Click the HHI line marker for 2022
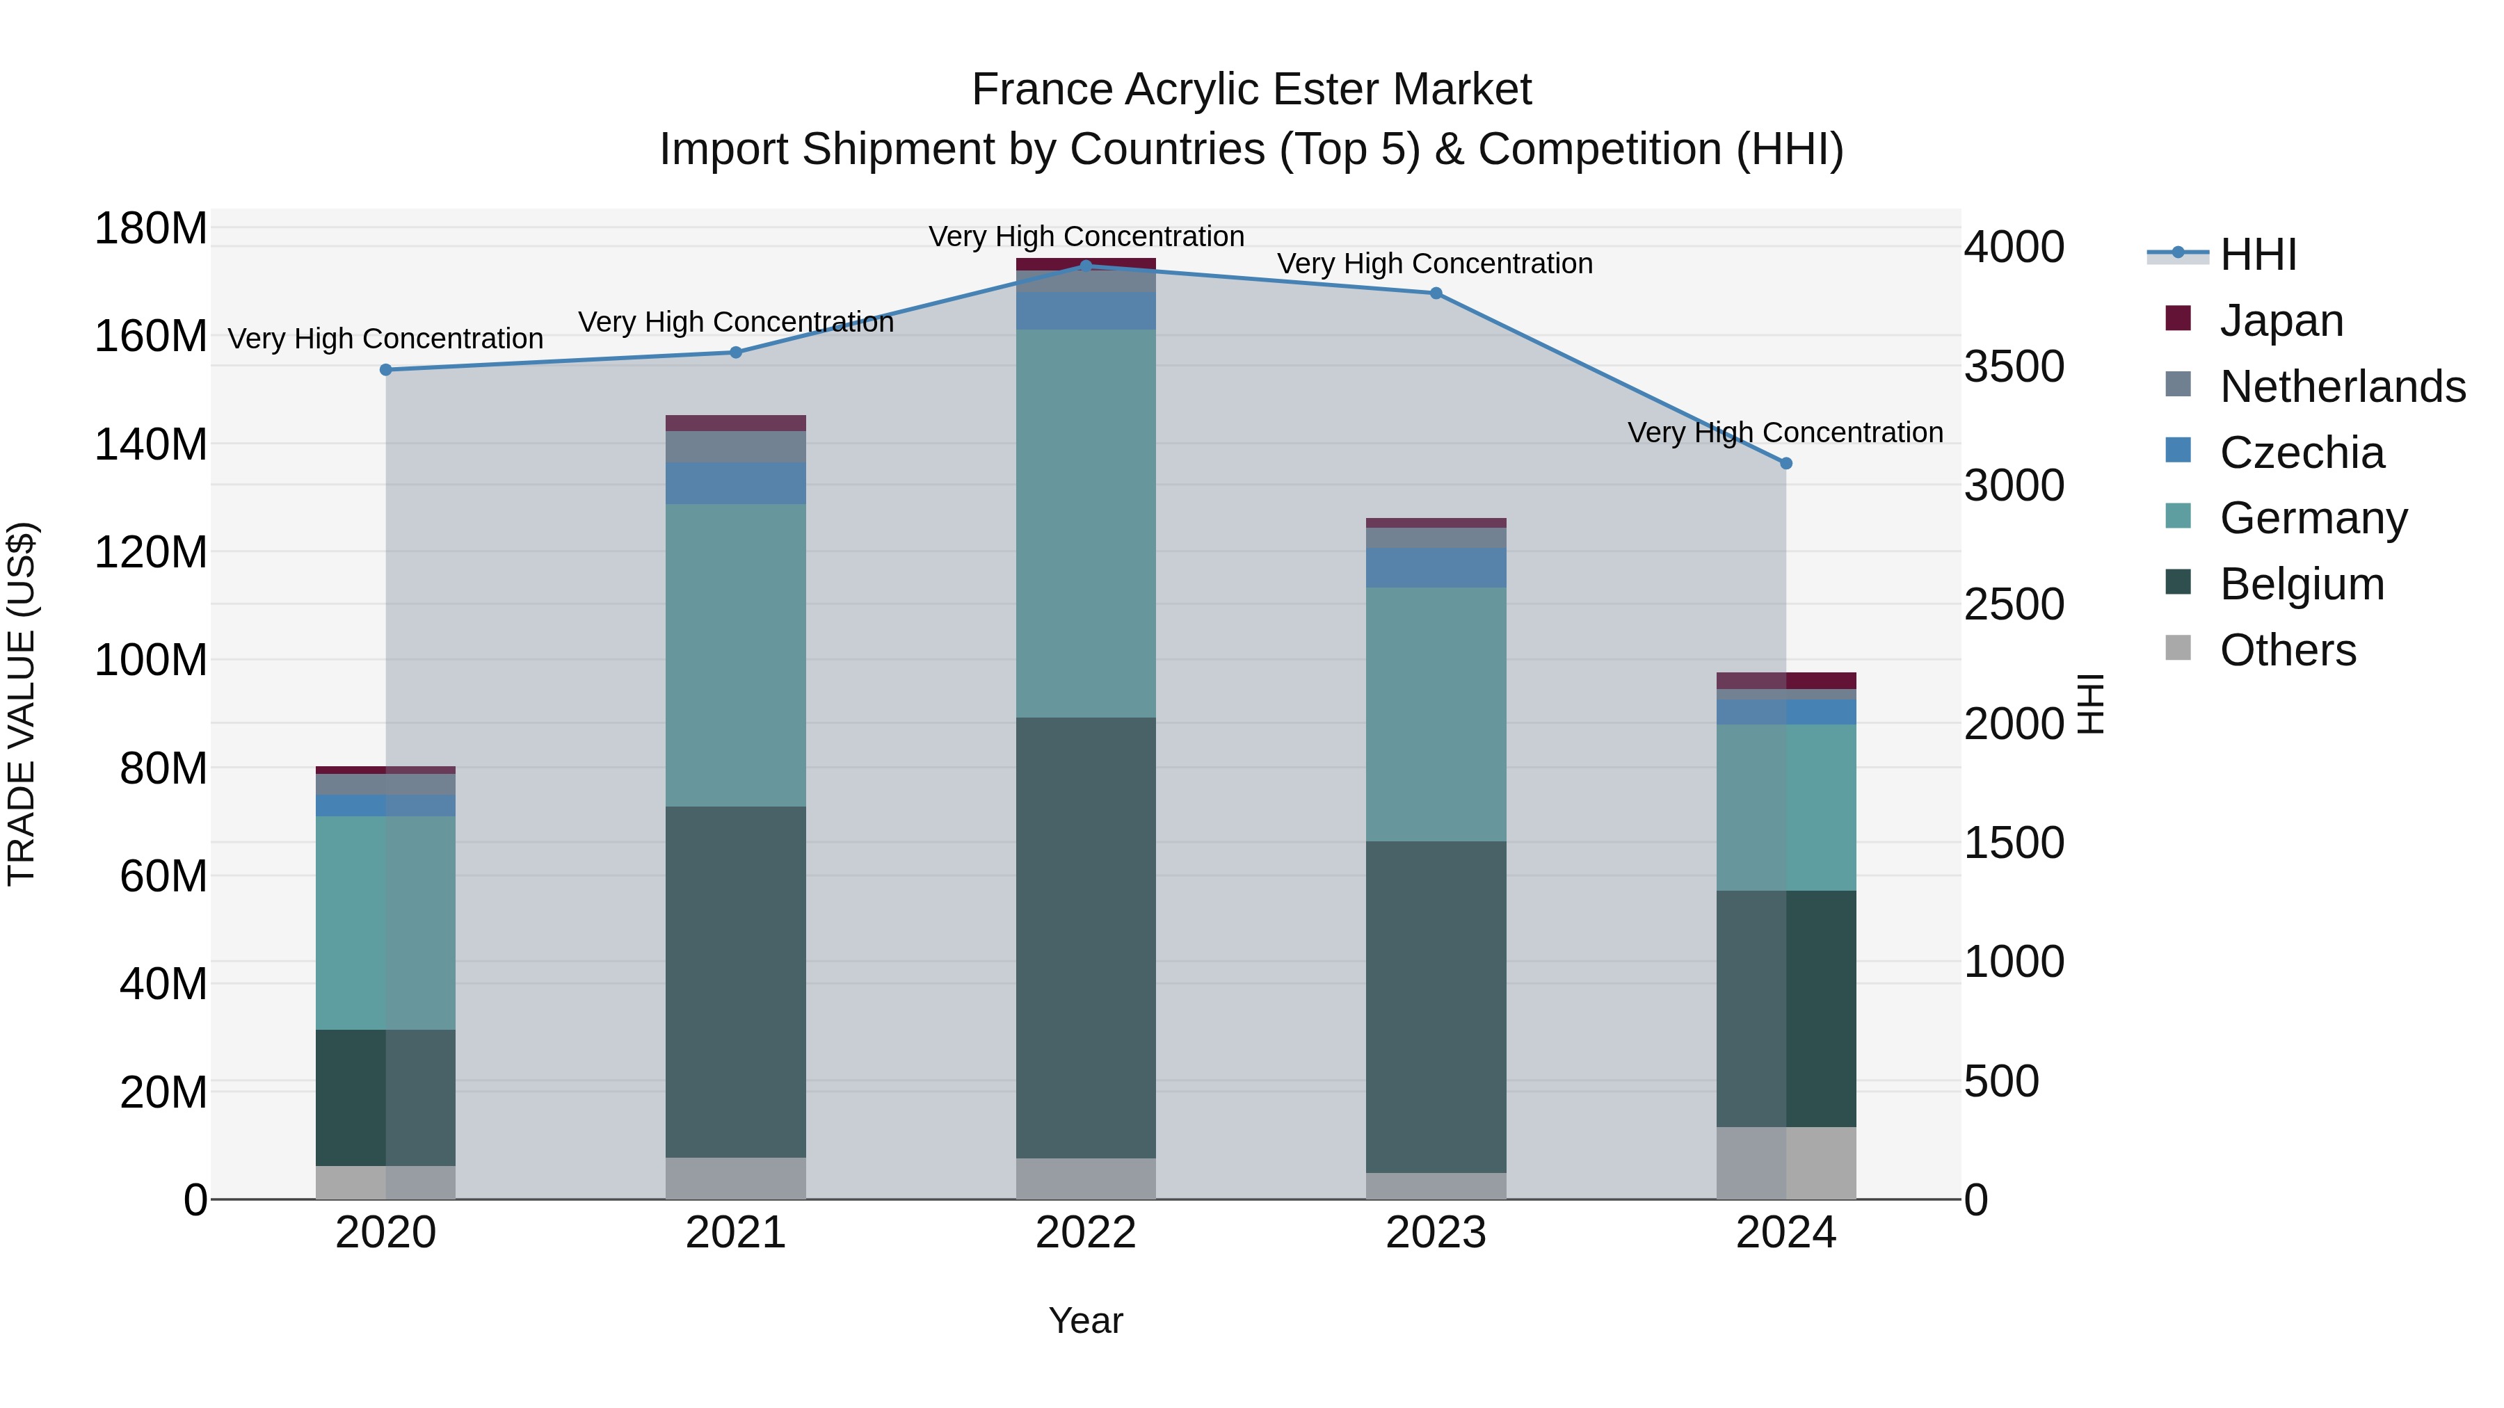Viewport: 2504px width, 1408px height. [x=1086, y=266]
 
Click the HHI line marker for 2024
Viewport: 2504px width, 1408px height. [x=1785, y=464]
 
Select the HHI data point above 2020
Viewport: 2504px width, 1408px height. [x=386, y=369]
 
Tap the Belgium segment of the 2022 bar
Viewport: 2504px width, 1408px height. [x=1086, y=938]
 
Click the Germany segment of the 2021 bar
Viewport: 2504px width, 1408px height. [x=736, y=655]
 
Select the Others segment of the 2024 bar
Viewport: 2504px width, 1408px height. [x=1785, y=1163]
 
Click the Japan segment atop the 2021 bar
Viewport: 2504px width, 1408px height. [x=736, y=423]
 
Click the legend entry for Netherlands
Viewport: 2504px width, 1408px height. [x=2343, y=386]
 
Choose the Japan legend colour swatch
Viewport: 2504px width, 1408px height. [x=2178, y=318]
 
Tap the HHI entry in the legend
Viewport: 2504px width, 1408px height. [x=2258, y=254]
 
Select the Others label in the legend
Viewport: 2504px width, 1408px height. [x=2288, y=650]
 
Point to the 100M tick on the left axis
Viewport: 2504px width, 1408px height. [x=151, y=661]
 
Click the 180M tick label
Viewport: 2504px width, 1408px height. [x=151, y=229]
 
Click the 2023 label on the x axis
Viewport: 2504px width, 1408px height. [x=1436, y=1233]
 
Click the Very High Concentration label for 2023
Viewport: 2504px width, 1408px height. [x=1435, y=264]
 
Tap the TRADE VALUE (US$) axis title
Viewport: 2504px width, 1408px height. [x=22, y=704]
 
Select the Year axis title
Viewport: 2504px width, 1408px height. [x=1086, y=1320]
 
